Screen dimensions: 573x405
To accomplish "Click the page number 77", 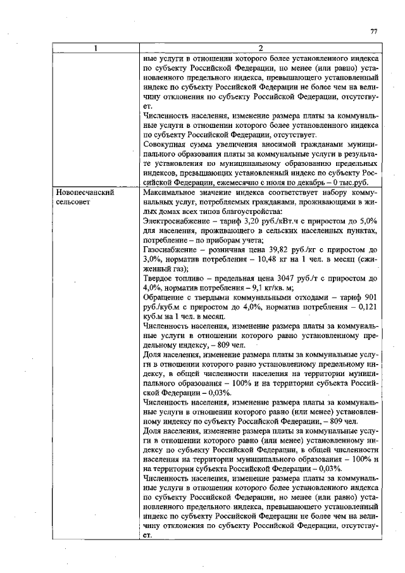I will point(373,32).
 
